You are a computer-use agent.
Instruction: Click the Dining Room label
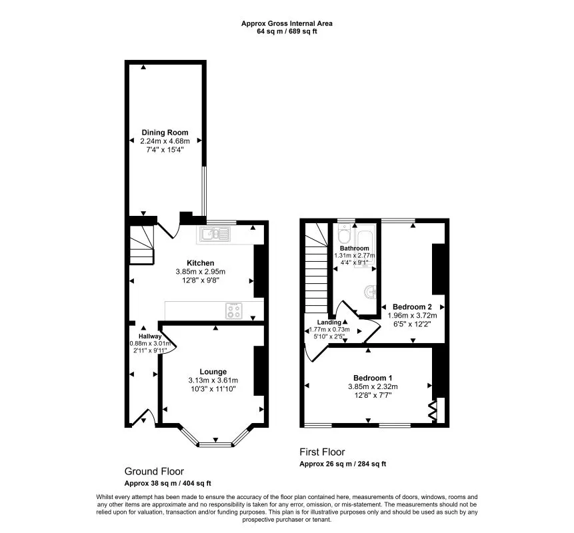[x=165, y=133]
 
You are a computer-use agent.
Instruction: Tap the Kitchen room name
[x=200, y=263]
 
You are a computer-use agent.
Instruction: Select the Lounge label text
[x=213, y=372]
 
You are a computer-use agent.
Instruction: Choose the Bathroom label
[x=354, y=248]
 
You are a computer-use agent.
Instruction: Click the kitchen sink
[x=214, y=234]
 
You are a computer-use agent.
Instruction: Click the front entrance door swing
[x=141, y=418]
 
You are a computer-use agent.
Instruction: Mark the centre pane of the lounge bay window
[x=215, y=442]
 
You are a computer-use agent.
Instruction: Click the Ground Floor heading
[x=154, y=471]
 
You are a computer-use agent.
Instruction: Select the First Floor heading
[x=322, y=452]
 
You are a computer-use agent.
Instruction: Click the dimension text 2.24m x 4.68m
[x=165, y=141]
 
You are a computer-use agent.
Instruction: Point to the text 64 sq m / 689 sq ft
[x=287, y=31]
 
